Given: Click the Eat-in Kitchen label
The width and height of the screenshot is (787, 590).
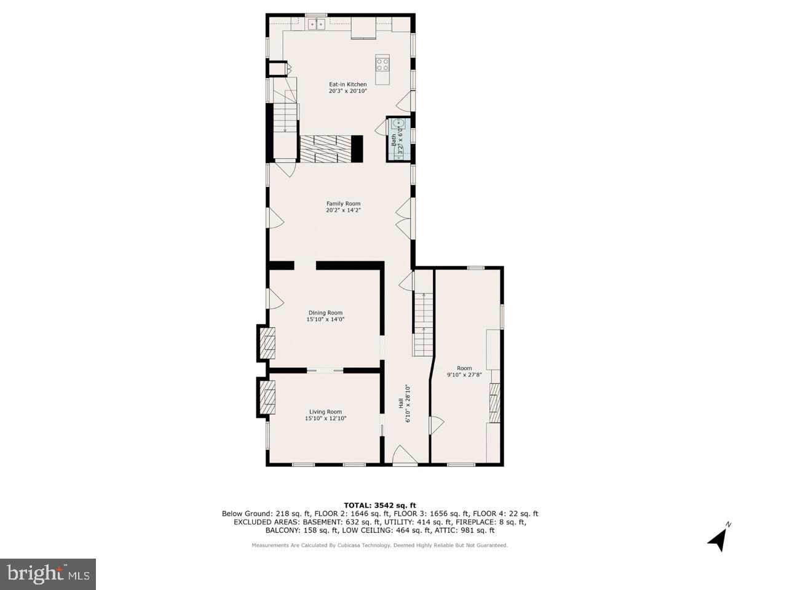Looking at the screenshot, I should [x=347, y=87].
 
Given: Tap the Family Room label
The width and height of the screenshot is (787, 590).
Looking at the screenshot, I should [x=343, y=207].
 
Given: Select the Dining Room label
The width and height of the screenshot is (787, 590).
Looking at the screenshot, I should [x=325, y=316].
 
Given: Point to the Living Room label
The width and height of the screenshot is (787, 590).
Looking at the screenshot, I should [x=325, y=415].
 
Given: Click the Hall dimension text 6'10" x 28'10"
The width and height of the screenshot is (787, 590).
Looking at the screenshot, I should [x=407, y=404].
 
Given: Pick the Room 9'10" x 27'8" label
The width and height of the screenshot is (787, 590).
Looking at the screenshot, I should [x=464, y=371].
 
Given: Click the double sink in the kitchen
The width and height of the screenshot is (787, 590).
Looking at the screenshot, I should [x=317, y=24].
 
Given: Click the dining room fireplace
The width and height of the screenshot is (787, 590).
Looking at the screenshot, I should [x=267, y=343].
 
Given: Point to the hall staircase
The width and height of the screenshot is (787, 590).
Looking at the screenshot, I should [x=422, y=324].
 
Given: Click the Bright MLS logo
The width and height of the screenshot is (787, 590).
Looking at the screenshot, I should [x=48, y=574].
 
